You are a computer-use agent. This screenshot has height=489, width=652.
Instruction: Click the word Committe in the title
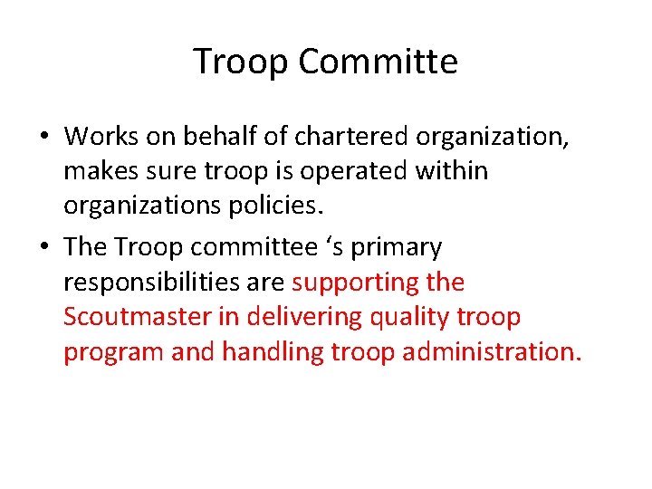[x=378, y=62]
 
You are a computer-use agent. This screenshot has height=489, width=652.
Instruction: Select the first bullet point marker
[x=44, y=138]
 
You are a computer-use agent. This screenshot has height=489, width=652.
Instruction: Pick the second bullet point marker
[x=44, y=248]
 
